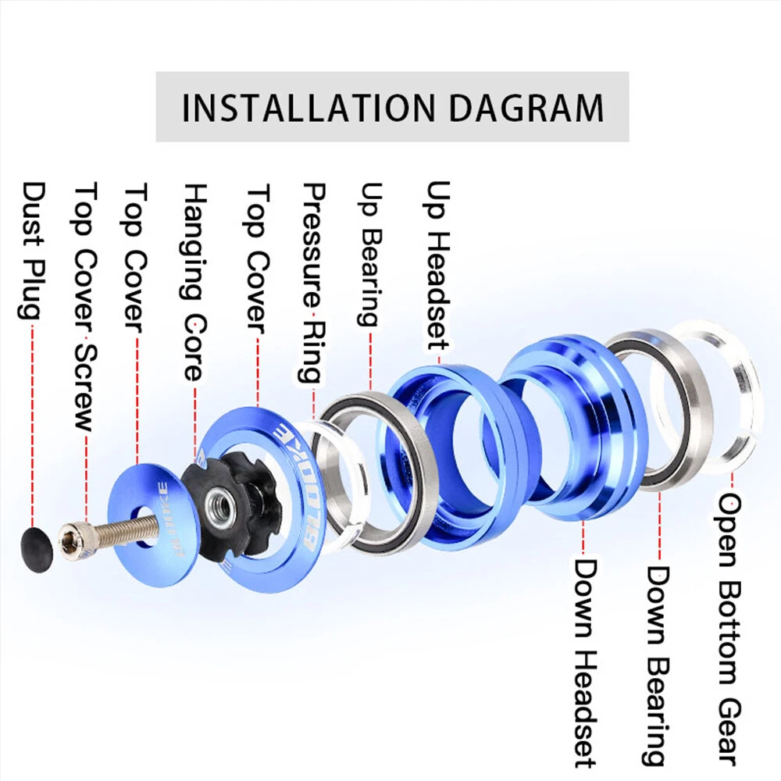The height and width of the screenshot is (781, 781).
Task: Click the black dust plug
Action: click(37, 550)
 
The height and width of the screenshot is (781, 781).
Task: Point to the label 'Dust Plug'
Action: click(31, 251)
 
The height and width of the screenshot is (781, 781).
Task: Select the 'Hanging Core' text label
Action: click(194, 282)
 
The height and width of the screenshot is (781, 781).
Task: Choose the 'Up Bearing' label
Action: click(371, 255)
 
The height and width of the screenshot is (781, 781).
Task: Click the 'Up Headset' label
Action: click(438, 266)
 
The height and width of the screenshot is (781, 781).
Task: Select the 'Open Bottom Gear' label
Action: click(728, 629)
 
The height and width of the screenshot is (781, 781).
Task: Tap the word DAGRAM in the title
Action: click(527, 108)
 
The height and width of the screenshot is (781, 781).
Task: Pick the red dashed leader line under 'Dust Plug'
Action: click(33, 425)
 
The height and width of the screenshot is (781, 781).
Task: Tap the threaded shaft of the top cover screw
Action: click(123, 530)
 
